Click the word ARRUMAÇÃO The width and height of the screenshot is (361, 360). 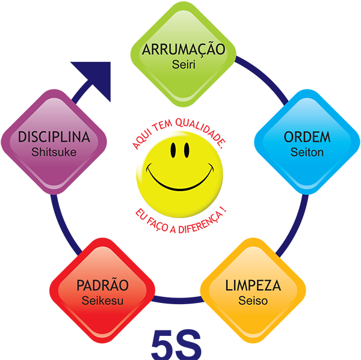click(183, 49)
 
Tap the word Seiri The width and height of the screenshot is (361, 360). click(183, 63)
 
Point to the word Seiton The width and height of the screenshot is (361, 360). click(307, 152)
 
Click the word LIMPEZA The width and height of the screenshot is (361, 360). click(253, 285)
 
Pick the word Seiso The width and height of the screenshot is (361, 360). click(253, 300)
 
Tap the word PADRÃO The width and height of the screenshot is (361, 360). click(102, 285)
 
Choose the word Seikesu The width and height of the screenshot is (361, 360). click(102, 300)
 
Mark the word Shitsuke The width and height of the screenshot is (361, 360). click(54, 152)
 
